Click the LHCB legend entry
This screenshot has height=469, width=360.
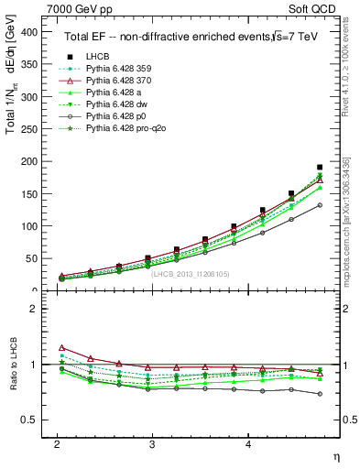[99, 57]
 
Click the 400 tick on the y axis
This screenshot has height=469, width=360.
[29, 31]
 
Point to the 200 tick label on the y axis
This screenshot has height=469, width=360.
[29, 161]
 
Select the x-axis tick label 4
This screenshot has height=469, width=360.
[248, 444]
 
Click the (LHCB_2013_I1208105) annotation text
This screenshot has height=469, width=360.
[189, 274]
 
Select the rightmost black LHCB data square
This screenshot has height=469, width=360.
[320, 168]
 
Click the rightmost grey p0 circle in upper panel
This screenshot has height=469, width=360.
[320, 205]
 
